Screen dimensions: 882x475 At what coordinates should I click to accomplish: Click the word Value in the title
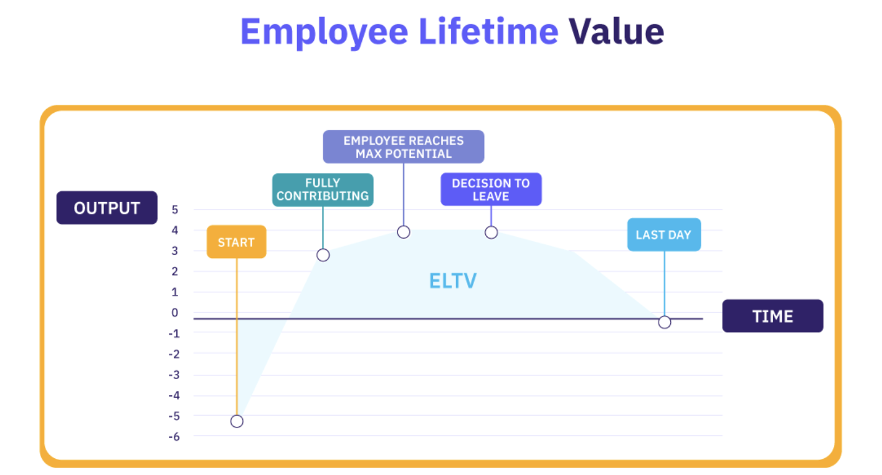[x=616, y=32]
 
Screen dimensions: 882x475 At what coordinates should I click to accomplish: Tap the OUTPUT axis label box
[x=107, y=208]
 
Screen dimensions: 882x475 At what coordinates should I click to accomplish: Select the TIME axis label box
[x=772, y=316]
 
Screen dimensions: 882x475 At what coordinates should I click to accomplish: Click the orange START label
[x=236, y=242]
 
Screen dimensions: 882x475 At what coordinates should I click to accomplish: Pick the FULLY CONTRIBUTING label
[x=323, y=190]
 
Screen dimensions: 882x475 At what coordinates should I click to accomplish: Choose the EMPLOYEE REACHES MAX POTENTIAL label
[x=403, y=146]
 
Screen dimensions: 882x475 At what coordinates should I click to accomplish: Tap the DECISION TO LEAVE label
[x=491, y=190]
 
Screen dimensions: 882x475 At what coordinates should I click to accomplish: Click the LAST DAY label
[x=664, y=234]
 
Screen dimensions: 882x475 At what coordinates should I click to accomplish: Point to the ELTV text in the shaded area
[x=453, y=281]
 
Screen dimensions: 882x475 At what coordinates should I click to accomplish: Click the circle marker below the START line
[x=237, y=421]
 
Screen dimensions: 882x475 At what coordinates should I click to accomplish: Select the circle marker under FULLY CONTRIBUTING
[x=323, y=255]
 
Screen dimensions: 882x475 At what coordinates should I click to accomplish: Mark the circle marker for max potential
[x=404, y=232]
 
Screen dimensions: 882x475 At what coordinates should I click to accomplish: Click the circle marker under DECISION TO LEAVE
[x=491, y=232]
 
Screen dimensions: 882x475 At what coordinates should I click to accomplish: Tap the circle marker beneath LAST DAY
[x=665, y=322]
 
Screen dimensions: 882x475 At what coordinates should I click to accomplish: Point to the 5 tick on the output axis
[x=175, y=209]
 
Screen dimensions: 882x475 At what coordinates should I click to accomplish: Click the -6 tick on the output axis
[x=174, y=436]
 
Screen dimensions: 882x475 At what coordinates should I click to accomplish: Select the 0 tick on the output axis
[x=175, y=312]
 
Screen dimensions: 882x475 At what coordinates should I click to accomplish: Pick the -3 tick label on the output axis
[x=174, y=375]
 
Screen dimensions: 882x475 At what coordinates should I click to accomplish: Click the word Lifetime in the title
[x=488, y=32]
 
